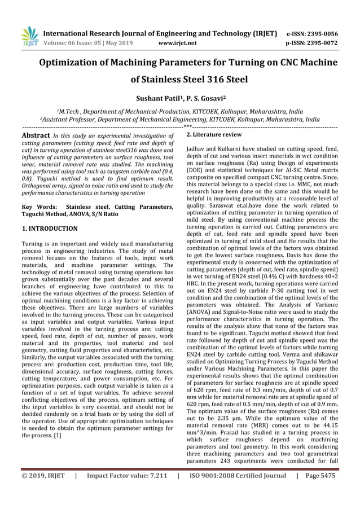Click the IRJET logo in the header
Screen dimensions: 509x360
[29, 37]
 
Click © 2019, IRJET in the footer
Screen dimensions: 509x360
[43, 476]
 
